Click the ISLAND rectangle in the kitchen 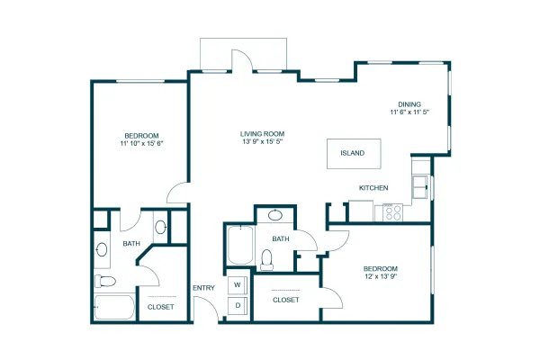point(354,154)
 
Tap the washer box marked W point(238,285)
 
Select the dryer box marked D point(238,306)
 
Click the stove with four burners point(393,212)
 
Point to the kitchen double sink point(420,187)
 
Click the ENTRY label point(203,288)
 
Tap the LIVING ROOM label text point(262,134)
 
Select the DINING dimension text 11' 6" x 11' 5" point(409,112)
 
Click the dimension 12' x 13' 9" point(381,276)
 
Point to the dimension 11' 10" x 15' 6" point(141,143)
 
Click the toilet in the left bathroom point(105,281)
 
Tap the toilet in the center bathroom point(266,260)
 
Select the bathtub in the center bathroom point(240,245)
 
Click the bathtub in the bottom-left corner point(114,307)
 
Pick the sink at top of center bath point(275,215)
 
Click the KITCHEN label point(373,188)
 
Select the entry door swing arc point(210,303)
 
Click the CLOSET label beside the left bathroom point(160,307)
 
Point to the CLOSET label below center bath point(286,300)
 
